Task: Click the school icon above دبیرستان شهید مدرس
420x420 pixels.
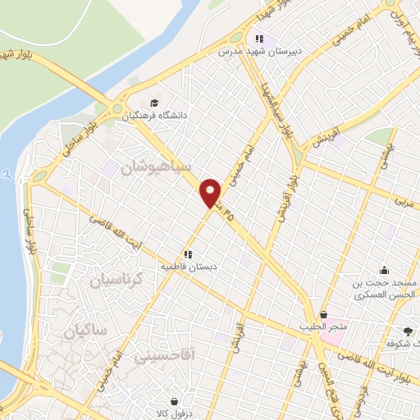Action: click(x=259, y=38)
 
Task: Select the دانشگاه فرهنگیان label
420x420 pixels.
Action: click(x=157, y=116)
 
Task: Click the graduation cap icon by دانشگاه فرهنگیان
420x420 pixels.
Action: click(x=155, y=103)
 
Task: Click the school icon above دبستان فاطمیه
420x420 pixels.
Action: click(x=188, y=255)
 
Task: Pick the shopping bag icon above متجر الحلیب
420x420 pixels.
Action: click(x=323, y=314)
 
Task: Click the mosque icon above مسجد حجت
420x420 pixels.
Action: click(x=384, y=270)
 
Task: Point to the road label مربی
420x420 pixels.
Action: click(x=403, y=199)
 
